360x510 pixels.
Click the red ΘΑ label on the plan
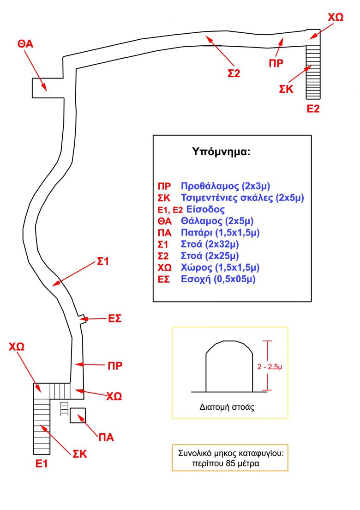click(x=25, y=43)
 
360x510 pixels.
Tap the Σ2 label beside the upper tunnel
click(x=234, y=73)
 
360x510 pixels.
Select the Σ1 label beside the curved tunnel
click(x=102, y=261)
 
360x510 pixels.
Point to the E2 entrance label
click(x=313, y=108)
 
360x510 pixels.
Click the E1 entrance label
click(x=42, y=463)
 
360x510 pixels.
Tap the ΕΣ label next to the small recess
click(x=115, y=318)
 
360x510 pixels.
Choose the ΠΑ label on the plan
click(x=106, y=437)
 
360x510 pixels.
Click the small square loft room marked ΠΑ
click(x=78, y=415)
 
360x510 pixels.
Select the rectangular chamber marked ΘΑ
click(x=48, y=88)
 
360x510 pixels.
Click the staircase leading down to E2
click(x=313, y=72)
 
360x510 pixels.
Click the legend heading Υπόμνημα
click(x=221, y=152)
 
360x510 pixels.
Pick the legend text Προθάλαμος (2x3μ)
click(x=226, y=186)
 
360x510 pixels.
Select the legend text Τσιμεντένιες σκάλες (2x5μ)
click(x=242, y=198)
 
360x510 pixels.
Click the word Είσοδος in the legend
click(x=205, y=209)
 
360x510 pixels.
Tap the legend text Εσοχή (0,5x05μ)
click(x=218, y=279)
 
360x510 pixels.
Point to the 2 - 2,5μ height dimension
click(x=270, y=367)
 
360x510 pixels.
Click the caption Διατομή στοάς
click(x=227, y=407)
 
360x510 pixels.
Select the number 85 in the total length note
click(x=230, y=463)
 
